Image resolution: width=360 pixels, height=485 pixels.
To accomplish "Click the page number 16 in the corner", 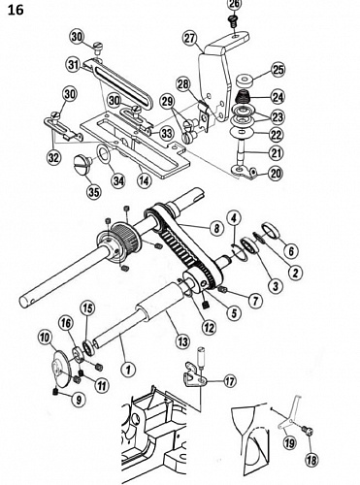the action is (16, 10).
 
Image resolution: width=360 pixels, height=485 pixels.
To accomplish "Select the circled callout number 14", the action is (144, 180).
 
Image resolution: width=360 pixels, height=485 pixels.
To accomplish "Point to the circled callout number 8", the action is (216, 228).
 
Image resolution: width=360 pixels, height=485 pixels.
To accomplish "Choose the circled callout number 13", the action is (182, 340).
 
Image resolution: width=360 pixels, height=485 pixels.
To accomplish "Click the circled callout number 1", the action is (128, 369).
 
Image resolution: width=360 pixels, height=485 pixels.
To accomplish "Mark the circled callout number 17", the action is (230, 381).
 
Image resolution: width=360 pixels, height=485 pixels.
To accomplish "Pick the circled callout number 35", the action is (94, 192).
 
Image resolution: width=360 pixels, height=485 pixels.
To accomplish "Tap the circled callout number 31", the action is (74, 65).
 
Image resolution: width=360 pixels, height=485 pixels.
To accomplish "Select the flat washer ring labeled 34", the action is (104, 153).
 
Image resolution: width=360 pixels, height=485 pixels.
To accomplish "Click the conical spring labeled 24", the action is (243, 97).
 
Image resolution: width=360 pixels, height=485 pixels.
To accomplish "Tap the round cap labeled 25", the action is (245, 81).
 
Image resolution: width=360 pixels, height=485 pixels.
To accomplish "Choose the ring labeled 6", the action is (272, 229).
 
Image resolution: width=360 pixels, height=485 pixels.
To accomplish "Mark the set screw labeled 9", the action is (56, 393).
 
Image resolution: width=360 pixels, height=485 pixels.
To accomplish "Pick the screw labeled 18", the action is (308, 431).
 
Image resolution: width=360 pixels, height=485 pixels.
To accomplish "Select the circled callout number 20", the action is (275, 173).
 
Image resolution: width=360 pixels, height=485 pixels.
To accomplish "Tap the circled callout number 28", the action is (183, 84).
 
